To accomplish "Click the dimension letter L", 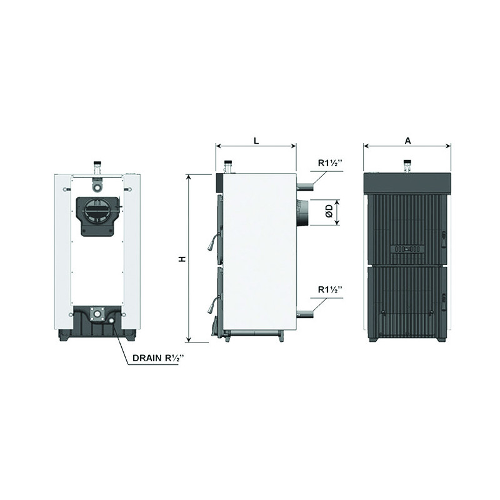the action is [x=256, y=141].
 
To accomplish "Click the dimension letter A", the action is [x=407, y=141].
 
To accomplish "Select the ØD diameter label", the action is [x=329, y=211].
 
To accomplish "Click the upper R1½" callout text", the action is [x=330, y=163].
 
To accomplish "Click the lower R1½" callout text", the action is [x=330, y=289].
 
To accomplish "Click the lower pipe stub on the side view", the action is [x=305, y=314].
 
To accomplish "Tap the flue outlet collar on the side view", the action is [x=302, y=212].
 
